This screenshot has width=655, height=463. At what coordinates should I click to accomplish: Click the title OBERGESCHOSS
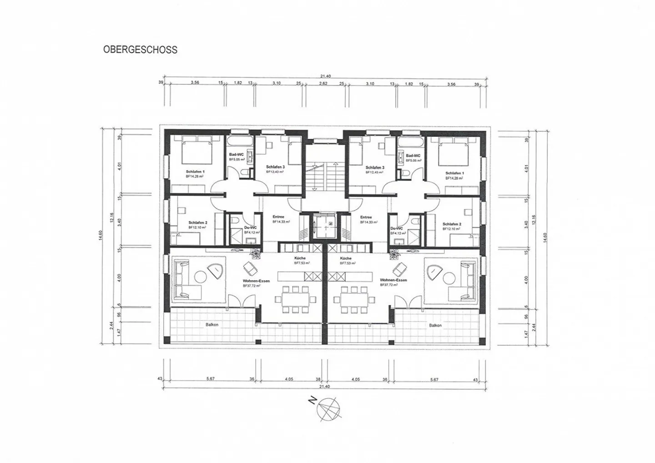[x=140, y=50]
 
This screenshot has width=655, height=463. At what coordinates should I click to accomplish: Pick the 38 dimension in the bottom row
[x=318, y=379]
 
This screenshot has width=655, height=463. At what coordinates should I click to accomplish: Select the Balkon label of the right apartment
[x=435, y=325]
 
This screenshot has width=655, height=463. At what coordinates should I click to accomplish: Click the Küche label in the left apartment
[x=300, y=258]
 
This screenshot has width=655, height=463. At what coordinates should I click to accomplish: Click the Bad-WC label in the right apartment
[x=413, y=156]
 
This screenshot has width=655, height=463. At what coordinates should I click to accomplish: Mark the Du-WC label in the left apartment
[x=250, y=227]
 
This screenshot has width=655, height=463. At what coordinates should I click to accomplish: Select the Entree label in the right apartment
[x=366, y=217]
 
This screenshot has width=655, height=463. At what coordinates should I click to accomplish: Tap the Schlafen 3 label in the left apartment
[x=275, y=167]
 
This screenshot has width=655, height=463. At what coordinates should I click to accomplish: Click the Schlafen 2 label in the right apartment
[x=452, y=224]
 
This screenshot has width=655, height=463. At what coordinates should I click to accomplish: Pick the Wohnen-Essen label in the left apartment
[x=256, y=281]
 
